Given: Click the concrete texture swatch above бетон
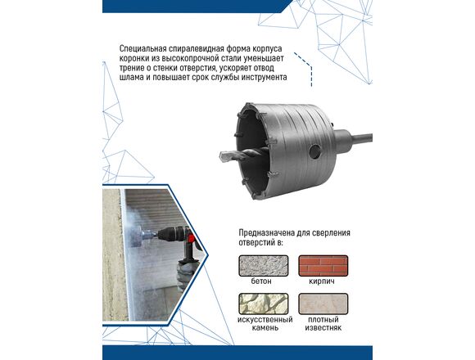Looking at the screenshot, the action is pos(264,266).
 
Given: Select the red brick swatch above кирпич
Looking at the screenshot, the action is pos(323,266).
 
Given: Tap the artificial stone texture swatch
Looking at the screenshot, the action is pos(264,304).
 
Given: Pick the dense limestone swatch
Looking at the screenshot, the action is pos(323,304).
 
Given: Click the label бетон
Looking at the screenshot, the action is pos(261,281).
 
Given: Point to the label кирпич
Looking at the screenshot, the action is pos(322,281).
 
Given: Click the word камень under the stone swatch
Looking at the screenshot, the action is pos(265,327).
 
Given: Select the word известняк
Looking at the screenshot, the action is pos(323,327).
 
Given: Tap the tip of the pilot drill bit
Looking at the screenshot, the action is pos(220,157).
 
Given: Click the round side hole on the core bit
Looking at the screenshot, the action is pos(314,151).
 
